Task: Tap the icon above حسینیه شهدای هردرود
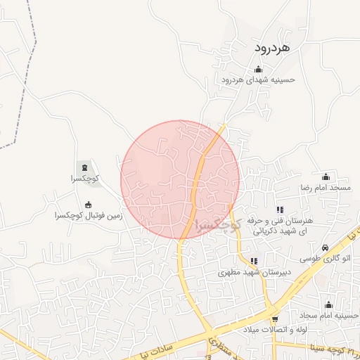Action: click(258, 69)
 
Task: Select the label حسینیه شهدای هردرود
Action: click(258, 79)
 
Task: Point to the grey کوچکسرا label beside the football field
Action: click(85, 179)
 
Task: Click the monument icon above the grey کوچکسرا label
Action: click(85, 167)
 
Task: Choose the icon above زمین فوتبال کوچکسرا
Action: click(88, 205)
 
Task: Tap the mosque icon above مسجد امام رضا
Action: click(325, 176)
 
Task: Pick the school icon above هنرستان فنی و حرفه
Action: click(280, 209)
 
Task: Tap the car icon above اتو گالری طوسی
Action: click(325, 247)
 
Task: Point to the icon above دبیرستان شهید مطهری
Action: click(253, 261)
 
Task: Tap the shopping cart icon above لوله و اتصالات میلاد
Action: click(275, 319)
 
